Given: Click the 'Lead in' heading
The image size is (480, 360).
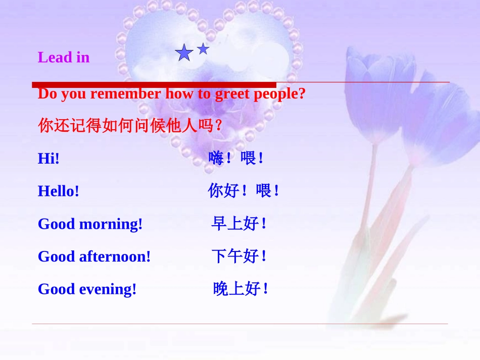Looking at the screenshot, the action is pos(64,57).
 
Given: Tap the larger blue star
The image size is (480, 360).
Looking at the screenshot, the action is pos(184,53).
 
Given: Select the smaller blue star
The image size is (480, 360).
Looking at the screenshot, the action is pos(203,49).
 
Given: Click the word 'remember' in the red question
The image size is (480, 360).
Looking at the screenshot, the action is pos(125,93).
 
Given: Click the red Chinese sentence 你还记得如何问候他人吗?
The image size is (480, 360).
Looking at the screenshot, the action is pos(130,125).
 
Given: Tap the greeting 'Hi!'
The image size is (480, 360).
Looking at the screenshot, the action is pos(49,159).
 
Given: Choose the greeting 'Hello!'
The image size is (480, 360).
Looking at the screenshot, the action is pos(59,191).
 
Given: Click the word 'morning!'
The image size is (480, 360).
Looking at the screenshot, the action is pos(111,224).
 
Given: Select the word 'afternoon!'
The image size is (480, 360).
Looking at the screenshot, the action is pos(115,256).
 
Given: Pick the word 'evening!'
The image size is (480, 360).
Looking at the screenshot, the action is pos(108,289).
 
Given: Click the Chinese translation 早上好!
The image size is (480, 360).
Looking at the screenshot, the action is pos(239,223).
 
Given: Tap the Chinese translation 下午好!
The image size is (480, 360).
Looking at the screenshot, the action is pos(239,256).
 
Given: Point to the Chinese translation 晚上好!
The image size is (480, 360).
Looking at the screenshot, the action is pos(241,288).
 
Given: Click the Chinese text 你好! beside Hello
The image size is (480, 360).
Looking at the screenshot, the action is pos(227,190).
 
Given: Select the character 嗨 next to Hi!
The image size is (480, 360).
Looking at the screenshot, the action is pos(216,158).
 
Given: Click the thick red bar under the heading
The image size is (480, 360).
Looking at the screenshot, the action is pos(154,85).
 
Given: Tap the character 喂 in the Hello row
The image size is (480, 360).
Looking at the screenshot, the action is pos(264,190).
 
